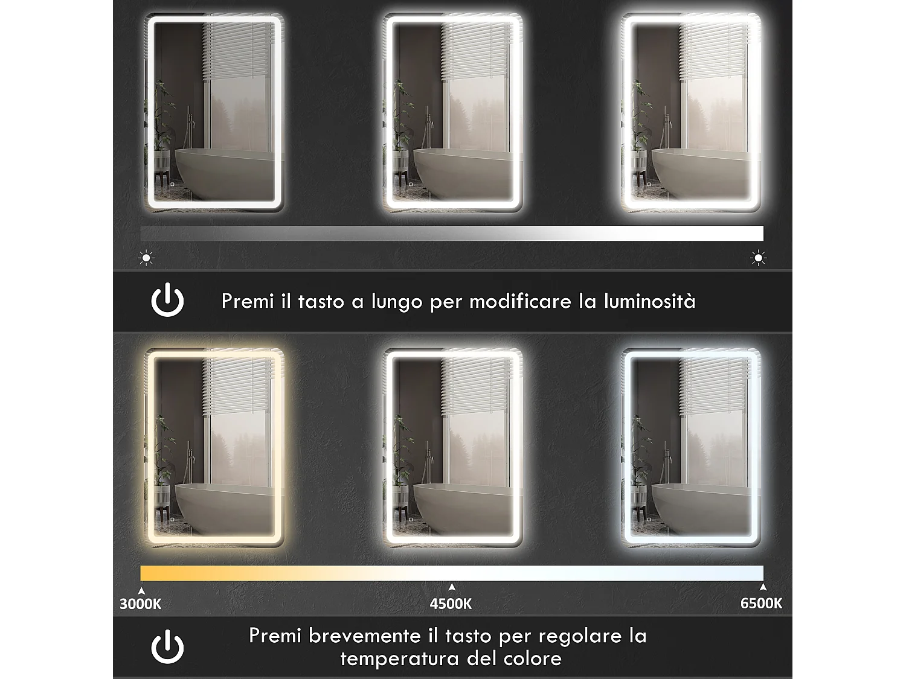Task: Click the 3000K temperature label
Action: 140,604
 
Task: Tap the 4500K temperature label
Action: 451,604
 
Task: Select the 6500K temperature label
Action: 761,603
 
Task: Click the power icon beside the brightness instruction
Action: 167,301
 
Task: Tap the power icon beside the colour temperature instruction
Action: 167,646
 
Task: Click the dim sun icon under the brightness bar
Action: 146,258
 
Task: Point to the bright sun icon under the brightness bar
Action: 758,258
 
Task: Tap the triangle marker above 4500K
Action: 452,587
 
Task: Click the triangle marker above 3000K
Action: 141,591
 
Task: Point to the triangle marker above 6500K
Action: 763,587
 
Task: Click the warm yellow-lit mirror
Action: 214,448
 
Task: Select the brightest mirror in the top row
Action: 691,112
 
